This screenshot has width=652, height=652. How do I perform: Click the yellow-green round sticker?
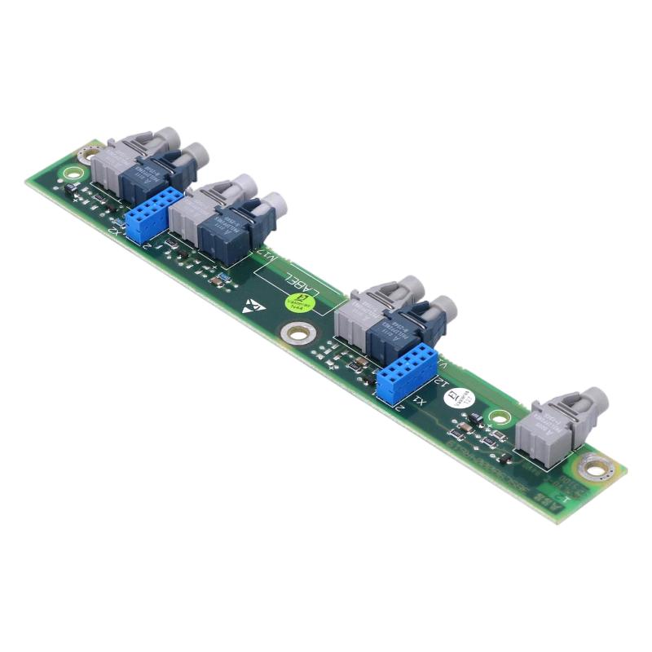click(296, 302)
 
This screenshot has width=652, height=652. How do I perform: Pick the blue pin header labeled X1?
click(405, 376)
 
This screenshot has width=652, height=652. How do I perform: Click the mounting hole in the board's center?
click(296, 333)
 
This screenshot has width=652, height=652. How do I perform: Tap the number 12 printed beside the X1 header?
click(441, 380)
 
